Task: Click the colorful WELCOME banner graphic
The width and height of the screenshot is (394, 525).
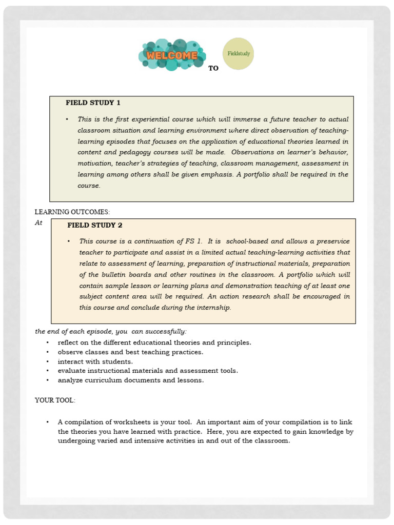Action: (x=172, y=54)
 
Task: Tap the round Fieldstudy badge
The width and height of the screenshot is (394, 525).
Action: (x=239, y=53)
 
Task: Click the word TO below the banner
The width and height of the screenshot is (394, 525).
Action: (x=213, y=68)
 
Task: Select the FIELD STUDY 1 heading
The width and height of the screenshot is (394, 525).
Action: (x=93, y=103)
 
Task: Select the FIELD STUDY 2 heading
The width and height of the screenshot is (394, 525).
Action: (x=94, y=225)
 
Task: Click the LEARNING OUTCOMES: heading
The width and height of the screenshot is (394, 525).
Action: (x=72, y=212)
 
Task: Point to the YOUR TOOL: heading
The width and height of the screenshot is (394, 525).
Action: (x=55, y=400)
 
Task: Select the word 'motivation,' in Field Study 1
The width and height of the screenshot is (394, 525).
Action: (x=95, y=164)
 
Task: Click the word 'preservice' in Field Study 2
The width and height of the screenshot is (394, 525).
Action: (x=331, y=241)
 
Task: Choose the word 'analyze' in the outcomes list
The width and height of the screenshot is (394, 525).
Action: (x=70, y=380)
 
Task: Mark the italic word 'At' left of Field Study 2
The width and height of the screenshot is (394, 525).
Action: (x=38, y=223)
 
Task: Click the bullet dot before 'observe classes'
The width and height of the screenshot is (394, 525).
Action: (x=48, y=352)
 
